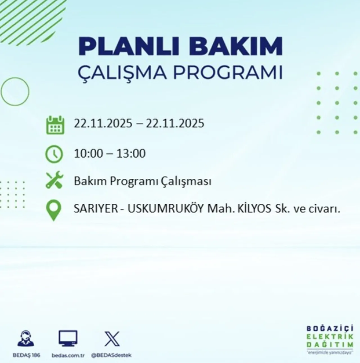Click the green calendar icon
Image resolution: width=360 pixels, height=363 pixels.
[x=55, y=125]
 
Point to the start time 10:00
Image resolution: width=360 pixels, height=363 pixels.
[x=88, y=154]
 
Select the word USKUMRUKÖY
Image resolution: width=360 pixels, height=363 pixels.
[x=166, y=209]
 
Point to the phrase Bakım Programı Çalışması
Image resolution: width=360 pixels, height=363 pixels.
[x=143, y=181]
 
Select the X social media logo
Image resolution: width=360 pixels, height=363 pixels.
[x=112, y=339]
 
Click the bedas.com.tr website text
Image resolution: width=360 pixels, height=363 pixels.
[x=68, y=355]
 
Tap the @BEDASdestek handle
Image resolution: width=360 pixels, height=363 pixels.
[x=111, y=355]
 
